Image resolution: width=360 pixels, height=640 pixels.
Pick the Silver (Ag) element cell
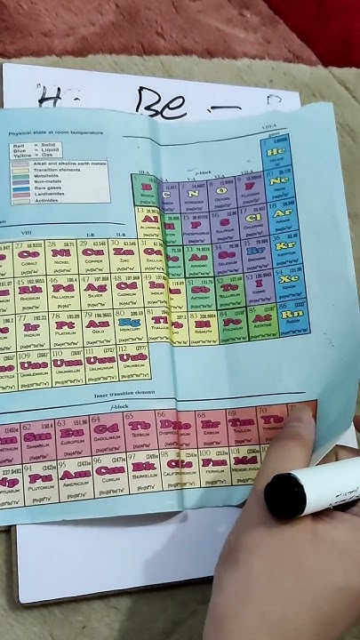click(95, 290)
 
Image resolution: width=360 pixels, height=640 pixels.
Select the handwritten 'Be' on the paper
click(163, 103)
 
